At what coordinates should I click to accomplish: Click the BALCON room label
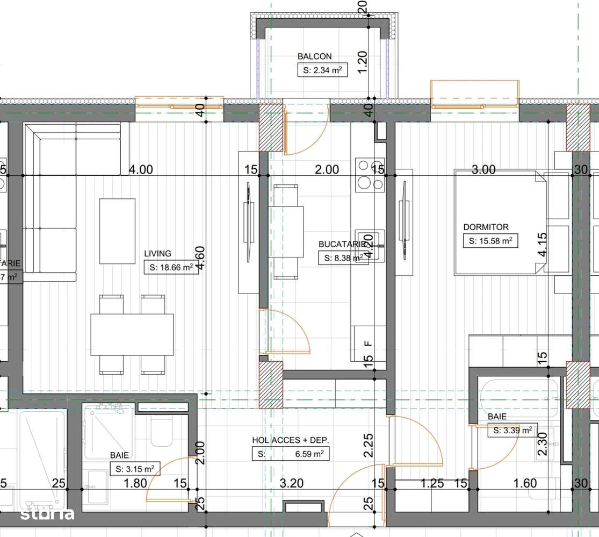[314, 56]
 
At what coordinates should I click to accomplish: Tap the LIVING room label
[157, 253]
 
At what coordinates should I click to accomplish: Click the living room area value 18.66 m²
[171, 267]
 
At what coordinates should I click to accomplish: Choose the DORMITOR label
[486, 227]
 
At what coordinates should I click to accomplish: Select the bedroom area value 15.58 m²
[490, 241]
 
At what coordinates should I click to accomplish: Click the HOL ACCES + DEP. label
[291, 440]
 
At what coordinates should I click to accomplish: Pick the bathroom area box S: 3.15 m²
[135, 469]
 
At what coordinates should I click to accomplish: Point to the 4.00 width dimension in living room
[141, 170]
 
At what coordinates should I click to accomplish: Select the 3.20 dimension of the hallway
[292, 483]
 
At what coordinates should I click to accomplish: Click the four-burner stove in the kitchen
[370, 175]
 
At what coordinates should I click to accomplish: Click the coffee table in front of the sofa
[117, 231]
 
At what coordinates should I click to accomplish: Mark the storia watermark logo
[47, 514]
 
